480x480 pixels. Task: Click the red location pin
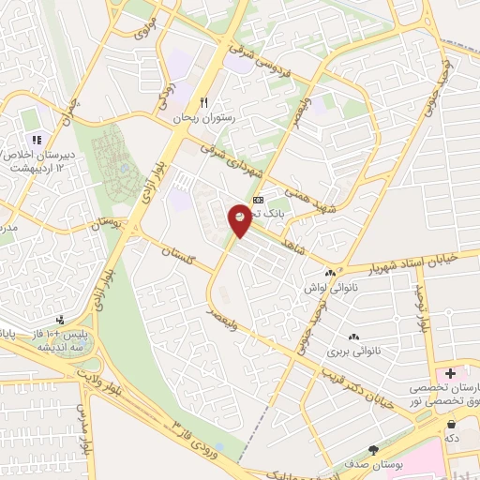tap(241, 218)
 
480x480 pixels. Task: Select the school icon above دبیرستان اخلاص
tap(38, 140)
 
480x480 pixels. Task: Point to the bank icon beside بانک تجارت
tap(259, 200)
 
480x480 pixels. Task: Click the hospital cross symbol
tap(451, 374)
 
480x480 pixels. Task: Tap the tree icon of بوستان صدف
tap(374, 451)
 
